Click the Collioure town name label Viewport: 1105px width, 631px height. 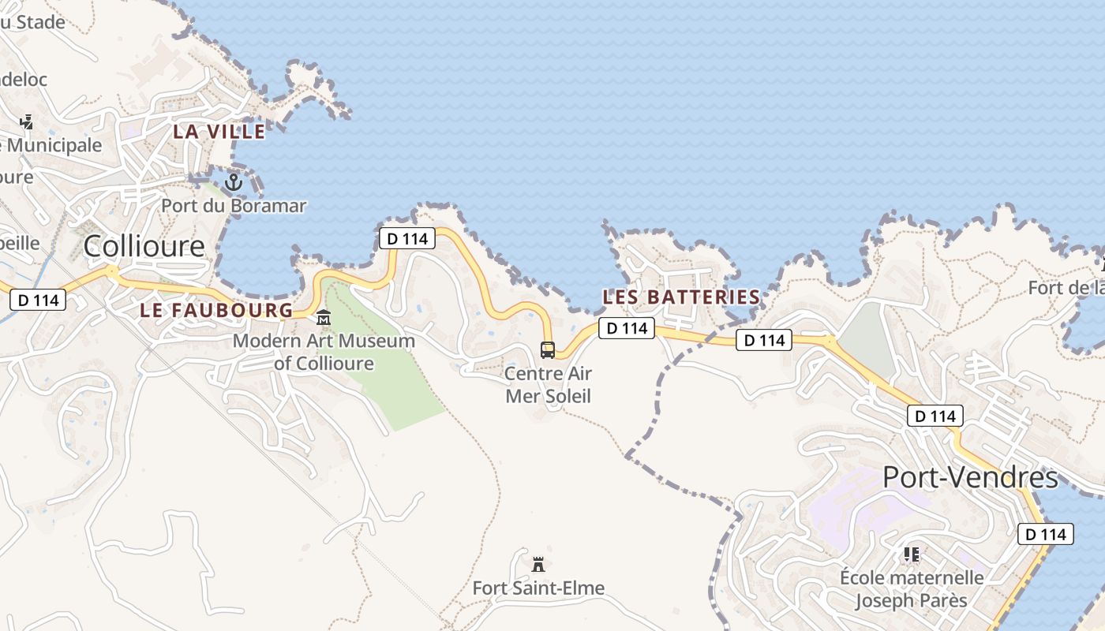(x=144, y=246)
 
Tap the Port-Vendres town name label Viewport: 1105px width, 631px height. (x=970, y=477)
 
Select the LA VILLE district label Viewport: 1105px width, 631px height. (x=219, y=132)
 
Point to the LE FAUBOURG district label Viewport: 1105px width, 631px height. (x=216, y=310)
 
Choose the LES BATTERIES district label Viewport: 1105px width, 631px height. (x=681, y=297)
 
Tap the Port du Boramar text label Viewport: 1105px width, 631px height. (x=234, y=206)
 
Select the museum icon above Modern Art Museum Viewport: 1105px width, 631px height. (x=324, y=319)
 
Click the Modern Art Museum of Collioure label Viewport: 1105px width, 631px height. (x=324, y=352)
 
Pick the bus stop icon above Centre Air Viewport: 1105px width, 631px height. (x=548, y=349)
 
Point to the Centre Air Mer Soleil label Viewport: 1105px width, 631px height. (x=548, y=384)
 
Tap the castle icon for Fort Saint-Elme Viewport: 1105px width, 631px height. (x=538, y=565)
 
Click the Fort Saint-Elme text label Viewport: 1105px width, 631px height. (x=538, y=588)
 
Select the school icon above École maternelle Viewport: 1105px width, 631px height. (x=912, y=554)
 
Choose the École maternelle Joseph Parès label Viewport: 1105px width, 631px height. (x=912, y=588)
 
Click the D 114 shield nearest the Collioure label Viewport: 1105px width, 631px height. (x=39, y=300)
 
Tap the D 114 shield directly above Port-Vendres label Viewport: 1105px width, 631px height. (x=935, y=416)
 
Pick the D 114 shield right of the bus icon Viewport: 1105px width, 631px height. (x=627, y=328)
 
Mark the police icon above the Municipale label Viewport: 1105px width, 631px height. (x=27, y=122)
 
